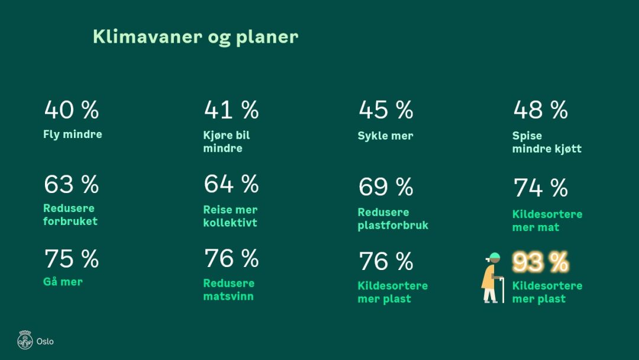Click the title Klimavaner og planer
196,37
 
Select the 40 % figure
72,110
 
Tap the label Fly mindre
73,134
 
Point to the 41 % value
231,110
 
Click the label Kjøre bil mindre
227,142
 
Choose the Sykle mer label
385,136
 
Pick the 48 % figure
540,110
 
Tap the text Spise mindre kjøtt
547,142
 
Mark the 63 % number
72,184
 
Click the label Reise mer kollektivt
230,216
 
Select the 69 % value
386,187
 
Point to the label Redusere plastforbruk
393,218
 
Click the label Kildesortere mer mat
547,221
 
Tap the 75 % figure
72,259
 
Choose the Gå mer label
63,282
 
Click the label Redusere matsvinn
228,290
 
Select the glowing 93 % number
540,262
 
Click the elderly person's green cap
494,256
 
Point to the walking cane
503,290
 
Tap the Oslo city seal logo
25,340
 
